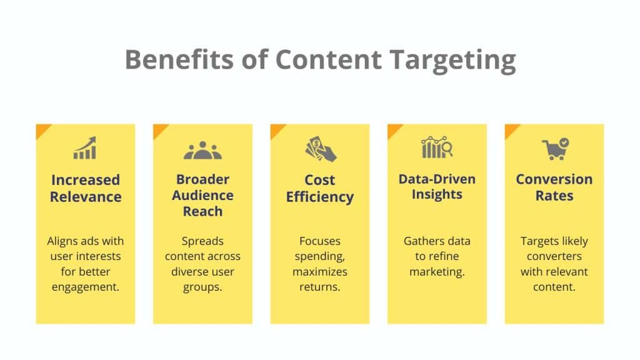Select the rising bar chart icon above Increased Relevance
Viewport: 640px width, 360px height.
pos(85,148)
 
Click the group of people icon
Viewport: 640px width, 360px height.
pos(202,150)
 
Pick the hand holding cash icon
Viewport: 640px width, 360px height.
pos(320,149)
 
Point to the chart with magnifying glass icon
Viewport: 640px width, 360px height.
pos(437,147)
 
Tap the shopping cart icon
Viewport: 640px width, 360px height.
pos(554,149)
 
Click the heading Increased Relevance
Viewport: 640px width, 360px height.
pos(86,188)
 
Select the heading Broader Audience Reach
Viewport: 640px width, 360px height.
pos(202,194)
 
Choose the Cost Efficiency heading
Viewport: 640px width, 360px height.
pos(320,188)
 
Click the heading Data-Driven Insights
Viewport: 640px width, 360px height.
pos(437,186)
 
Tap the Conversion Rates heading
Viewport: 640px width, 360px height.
pos(554,187)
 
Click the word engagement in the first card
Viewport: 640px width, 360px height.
pos(86,287)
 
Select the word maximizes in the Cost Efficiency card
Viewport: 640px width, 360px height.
pos(320,272)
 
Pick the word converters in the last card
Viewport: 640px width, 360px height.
pos(554,256)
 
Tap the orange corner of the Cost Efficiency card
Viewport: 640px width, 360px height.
pos(276,129)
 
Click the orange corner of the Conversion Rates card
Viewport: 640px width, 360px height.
pos(510,129)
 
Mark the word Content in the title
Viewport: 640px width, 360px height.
pos(328,60)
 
